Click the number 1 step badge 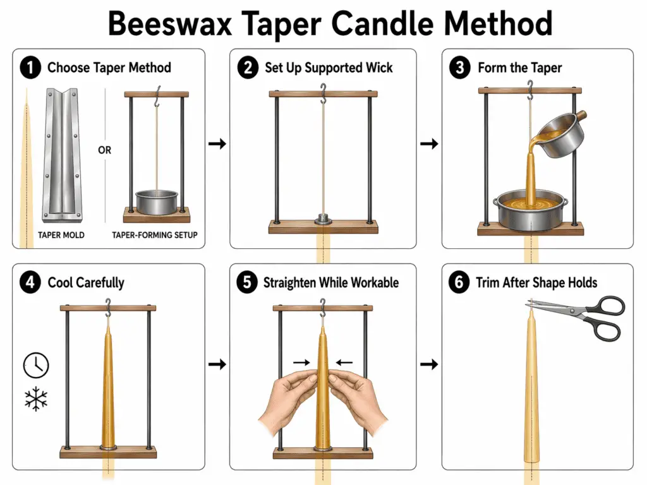point(30,68)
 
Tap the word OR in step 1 point(105,150)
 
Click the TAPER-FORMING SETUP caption point(155,234)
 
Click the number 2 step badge point(246,68)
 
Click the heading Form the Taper point(519,68)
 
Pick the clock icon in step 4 point(36,365)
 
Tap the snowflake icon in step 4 point(36,399)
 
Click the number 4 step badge point(30,282)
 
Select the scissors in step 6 point(582,316)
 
